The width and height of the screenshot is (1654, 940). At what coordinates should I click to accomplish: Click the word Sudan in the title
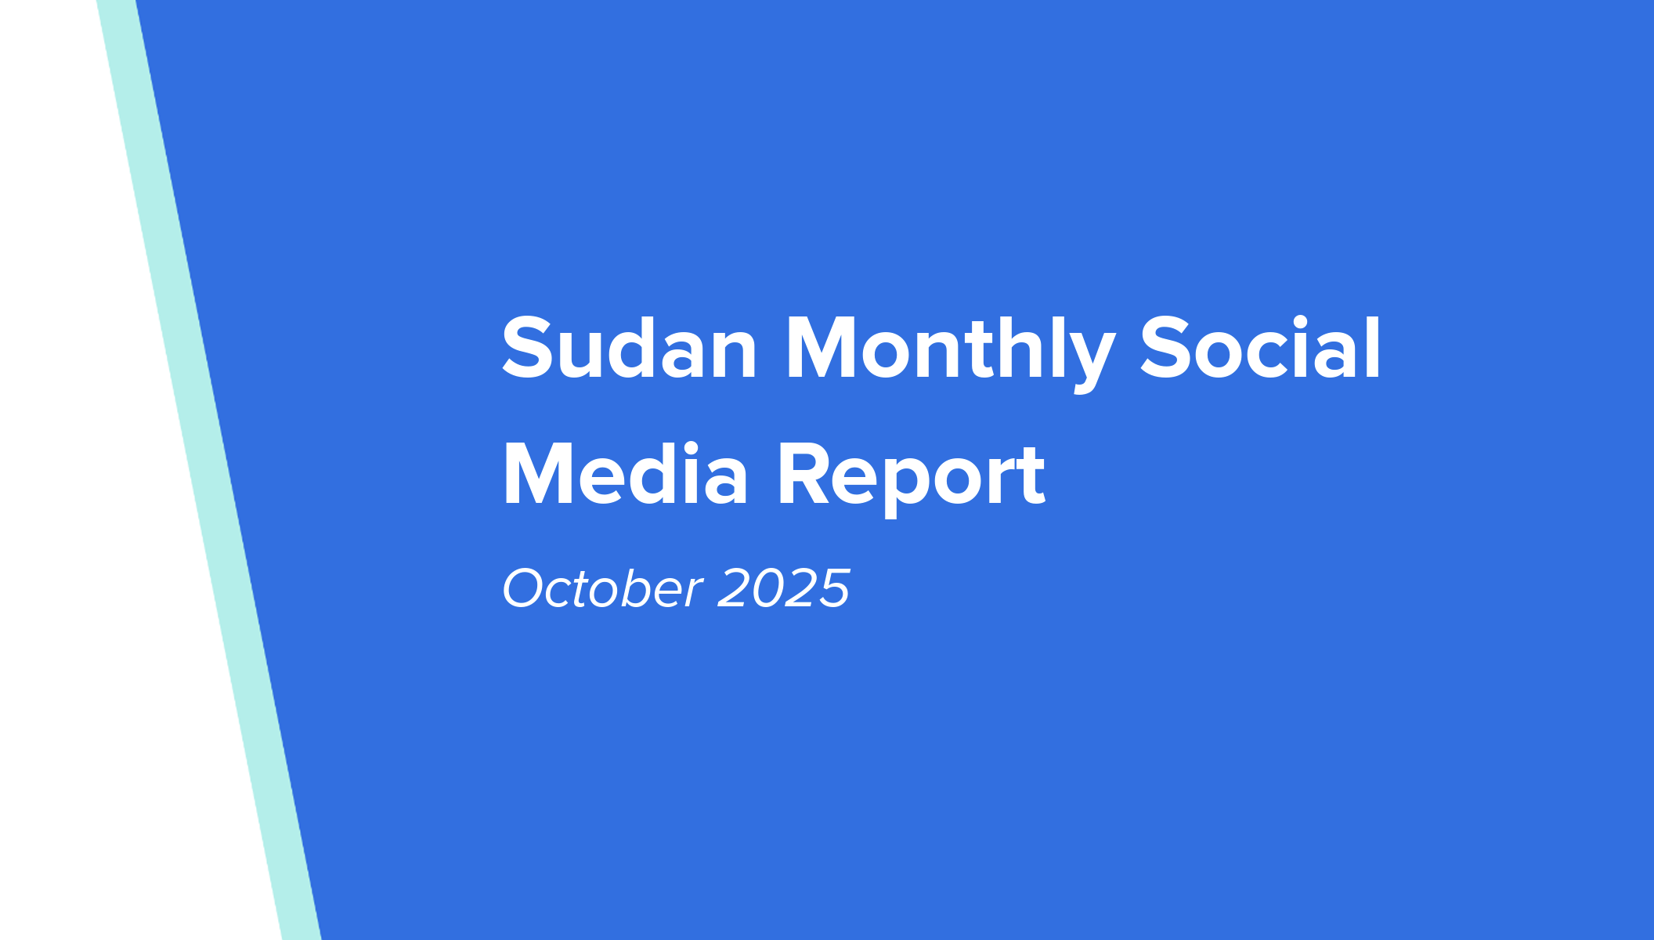coord(629,349)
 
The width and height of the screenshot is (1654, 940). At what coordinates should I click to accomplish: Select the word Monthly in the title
coord(949,349)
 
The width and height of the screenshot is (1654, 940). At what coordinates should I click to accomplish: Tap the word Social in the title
coord(1260,349)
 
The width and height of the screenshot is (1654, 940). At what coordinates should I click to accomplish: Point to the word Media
coord(625,475)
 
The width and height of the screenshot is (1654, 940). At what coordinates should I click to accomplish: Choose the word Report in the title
coord(911,475)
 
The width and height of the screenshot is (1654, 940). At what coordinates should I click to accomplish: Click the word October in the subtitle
coord(602,588)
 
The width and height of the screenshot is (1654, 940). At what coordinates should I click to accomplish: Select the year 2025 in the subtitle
coord(783,588)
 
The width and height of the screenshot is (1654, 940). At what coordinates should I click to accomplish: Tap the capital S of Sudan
coord(528,349)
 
